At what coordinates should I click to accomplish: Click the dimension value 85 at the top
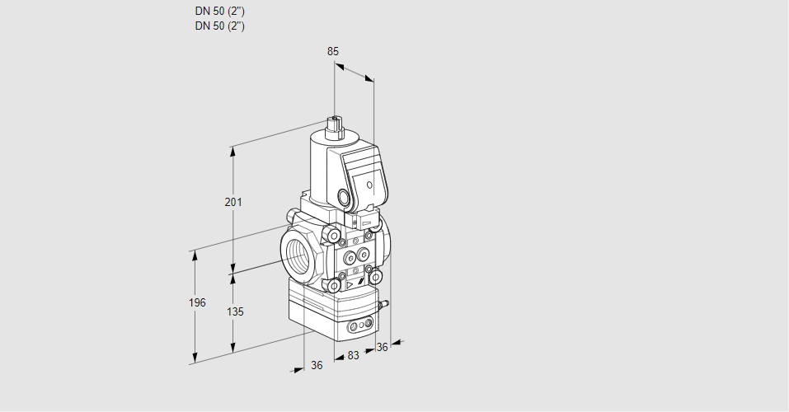pos(333,51)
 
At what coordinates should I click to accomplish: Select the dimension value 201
pos(233,203)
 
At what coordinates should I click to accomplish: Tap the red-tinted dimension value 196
pos(196,303)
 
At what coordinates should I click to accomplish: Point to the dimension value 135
pos(234,312)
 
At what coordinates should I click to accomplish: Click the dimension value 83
pos(353,355)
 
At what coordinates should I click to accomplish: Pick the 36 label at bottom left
pos(317,365)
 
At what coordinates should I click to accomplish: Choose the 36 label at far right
pos(382,348)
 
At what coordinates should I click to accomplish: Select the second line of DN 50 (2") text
pos(220,26)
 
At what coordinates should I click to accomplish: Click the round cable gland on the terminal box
pos(343,197)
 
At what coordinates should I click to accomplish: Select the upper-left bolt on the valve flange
pos(334,237)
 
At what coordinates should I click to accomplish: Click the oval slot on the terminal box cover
pos(370,185)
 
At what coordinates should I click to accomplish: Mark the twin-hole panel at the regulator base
pos(359,327)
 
